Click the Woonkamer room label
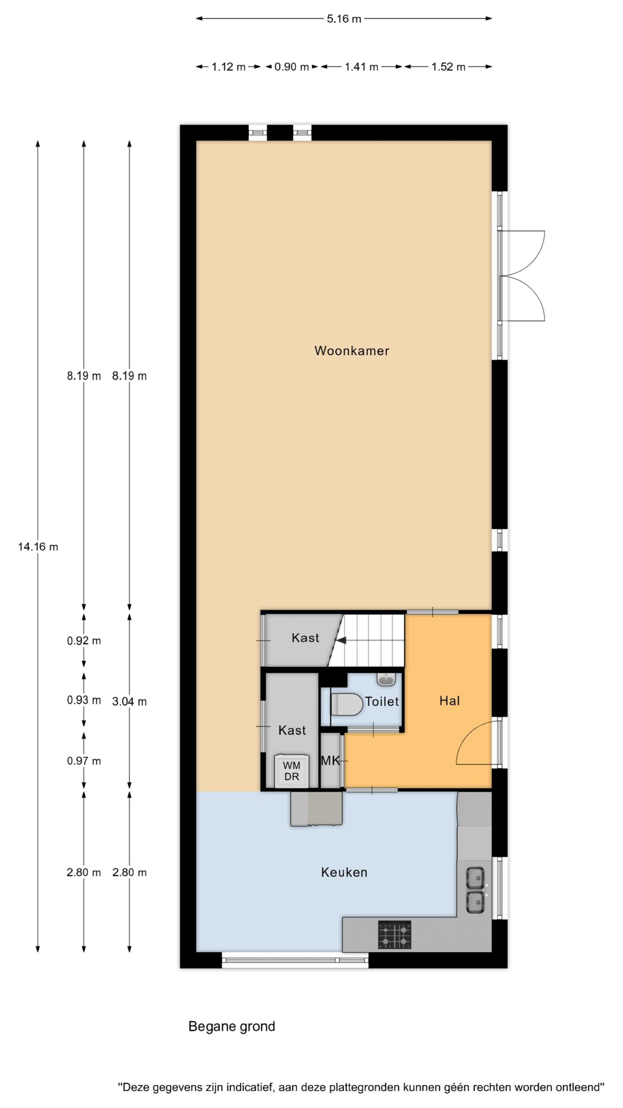point(352,351)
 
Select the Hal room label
point(450,701)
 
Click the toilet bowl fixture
point(347,705)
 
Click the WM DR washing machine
point(292,771)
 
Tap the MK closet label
point(331,760)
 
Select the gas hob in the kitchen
point(395,934)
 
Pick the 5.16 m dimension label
point(344,19)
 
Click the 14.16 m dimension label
point(38,547)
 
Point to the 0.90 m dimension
point(292,67)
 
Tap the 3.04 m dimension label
point(129,702)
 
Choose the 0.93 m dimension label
point(84,700)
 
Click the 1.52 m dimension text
point(448,67)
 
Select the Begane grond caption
point(232,1026)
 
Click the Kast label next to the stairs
point(305,638)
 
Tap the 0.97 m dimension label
point(84,761)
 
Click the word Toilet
point(382,701)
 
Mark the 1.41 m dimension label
point(362,67)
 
